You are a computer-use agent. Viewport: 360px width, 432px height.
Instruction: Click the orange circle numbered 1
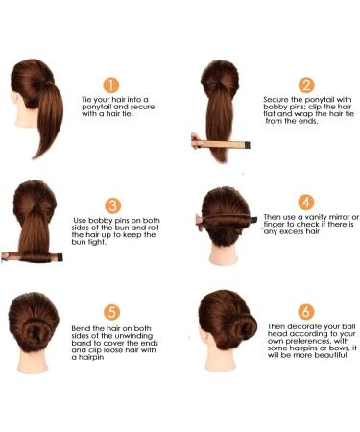(111, 85)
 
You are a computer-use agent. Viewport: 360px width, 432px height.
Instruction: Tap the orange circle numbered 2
(306, 85)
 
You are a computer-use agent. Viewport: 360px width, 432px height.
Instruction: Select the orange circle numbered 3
(113, 205)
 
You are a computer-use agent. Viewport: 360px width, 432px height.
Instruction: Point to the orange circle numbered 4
(306, 203)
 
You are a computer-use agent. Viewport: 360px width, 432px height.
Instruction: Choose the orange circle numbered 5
(111, 312)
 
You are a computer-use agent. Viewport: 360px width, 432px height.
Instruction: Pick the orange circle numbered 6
(306, 311)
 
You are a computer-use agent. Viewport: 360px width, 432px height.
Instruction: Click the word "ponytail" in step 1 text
(96, 107)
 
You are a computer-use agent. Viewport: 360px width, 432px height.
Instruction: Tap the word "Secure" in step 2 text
(276, 100)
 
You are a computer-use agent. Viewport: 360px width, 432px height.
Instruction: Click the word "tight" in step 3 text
(96, 242)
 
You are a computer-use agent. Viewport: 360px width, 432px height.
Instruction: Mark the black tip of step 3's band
(60, 257)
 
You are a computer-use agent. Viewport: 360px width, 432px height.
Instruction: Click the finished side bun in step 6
(244, 327)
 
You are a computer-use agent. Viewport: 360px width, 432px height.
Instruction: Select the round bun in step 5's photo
(36, 334)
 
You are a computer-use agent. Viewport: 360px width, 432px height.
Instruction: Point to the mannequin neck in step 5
(32, 361)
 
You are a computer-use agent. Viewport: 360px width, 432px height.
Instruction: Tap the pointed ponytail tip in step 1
(34, 157)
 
